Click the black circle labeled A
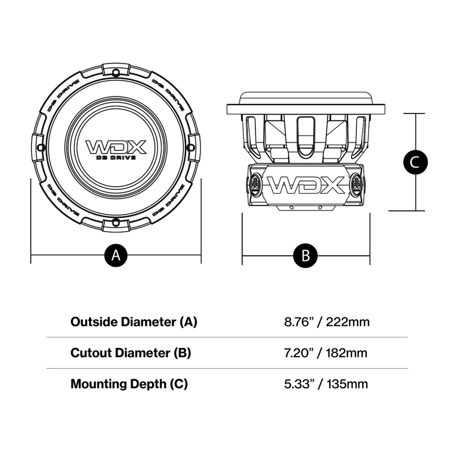click(x=116, y=255)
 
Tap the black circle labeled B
click(x=305, y=255)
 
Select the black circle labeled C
click(x=415, y=162)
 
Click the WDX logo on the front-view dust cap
click(x=116, y=146)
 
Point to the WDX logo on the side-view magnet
click(x=305, y=185)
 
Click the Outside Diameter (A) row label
click(x=133, y=322)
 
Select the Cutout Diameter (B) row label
click(x=131, y=352)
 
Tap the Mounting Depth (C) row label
click(x=129, y=384)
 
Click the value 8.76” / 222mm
click(x=327, y=322)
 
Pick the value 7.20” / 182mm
click(x=326, y=353)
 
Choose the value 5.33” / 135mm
click(x=326, y=384)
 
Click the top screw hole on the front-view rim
click(x=116, y=72)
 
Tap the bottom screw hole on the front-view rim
click(x=116, y=221)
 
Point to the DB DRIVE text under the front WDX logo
click(x=116, y=157)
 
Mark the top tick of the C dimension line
click(x=415, y=113)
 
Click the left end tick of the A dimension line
click(x=31, y=255)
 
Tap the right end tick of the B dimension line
click(x=370, y=255)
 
